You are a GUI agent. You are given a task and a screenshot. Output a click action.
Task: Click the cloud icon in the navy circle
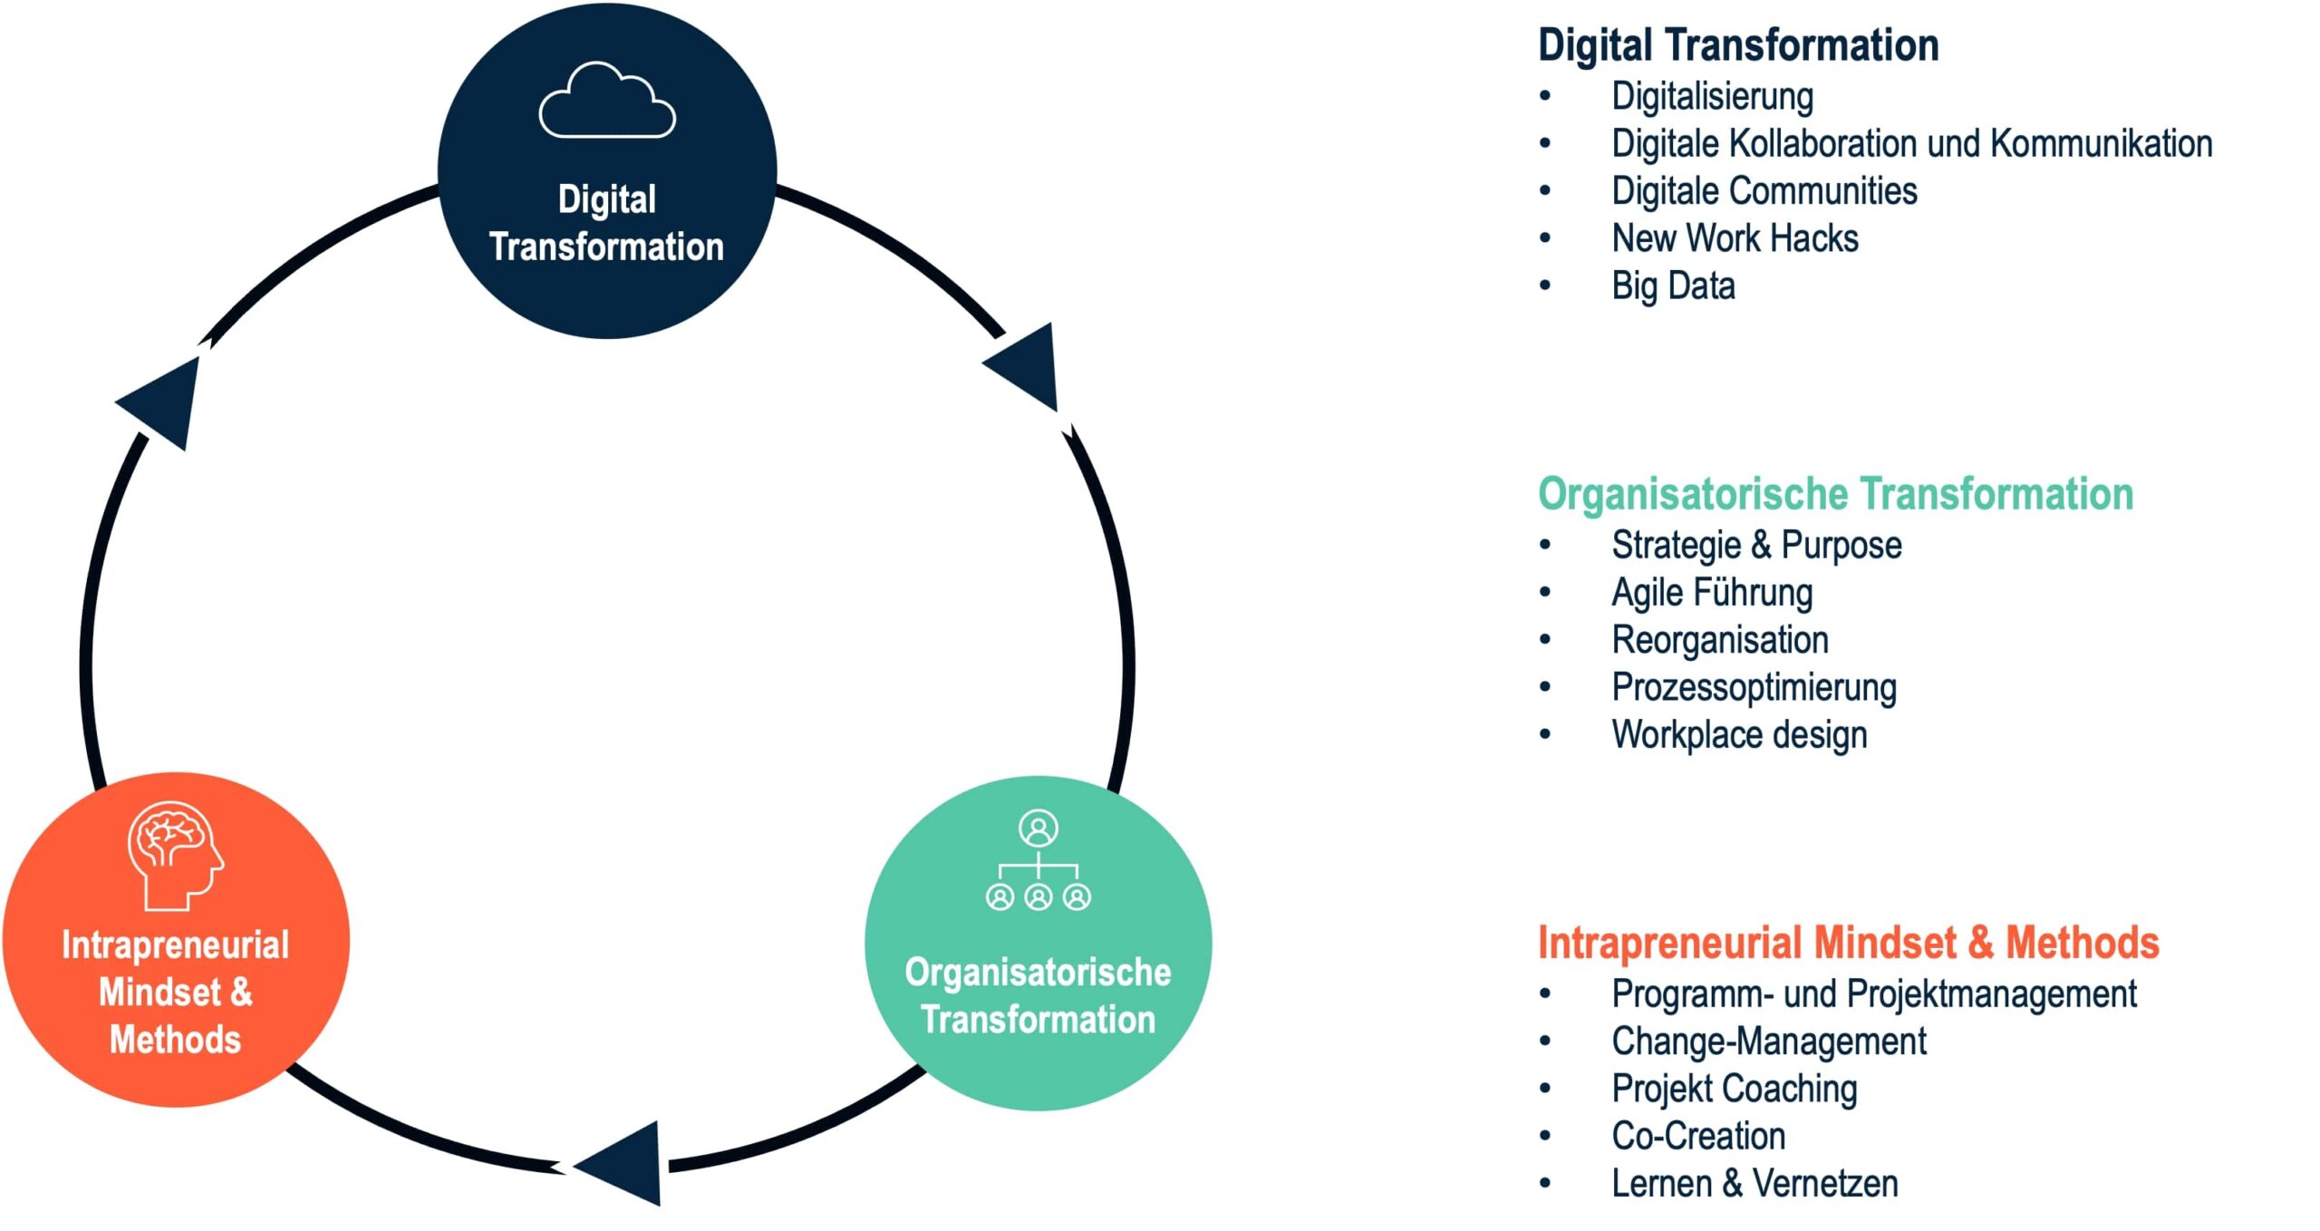[606, 102]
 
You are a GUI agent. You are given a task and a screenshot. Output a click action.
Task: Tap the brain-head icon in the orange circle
[175, 855]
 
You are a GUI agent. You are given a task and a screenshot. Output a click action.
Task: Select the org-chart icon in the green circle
[1038, 860]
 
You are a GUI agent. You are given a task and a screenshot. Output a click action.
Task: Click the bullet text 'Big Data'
[1672, 286]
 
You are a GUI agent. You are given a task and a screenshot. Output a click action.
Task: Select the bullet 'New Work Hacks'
[1734, 238]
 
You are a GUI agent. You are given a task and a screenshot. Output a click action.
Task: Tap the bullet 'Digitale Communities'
[1764, 191]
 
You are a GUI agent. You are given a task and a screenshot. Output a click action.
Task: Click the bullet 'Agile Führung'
[1711, 593]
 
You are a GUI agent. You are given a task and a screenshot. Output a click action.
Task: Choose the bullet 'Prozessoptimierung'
[1753, 687]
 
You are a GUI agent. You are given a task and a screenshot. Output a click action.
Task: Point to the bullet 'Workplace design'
[1738, 734]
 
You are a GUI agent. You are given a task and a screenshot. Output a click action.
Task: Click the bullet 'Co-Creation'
[1697, 1136]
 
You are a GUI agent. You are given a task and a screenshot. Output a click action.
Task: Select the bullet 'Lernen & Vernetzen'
[1754, 1183]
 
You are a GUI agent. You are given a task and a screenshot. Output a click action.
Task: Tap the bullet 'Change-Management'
[1768, 1042]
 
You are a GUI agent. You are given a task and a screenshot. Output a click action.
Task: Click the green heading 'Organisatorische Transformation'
[1835, 494]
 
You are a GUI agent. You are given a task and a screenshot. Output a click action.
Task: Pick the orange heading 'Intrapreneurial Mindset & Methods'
[1848, 943]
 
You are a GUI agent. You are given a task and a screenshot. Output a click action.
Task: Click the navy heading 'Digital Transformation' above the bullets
[1738, 45]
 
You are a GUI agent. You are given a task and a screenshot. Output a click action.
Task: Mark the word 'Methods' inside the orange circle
[175, 1040]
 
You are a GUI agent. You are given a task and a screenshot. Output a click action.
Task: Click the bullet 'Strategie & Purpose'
[1755, 546]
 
